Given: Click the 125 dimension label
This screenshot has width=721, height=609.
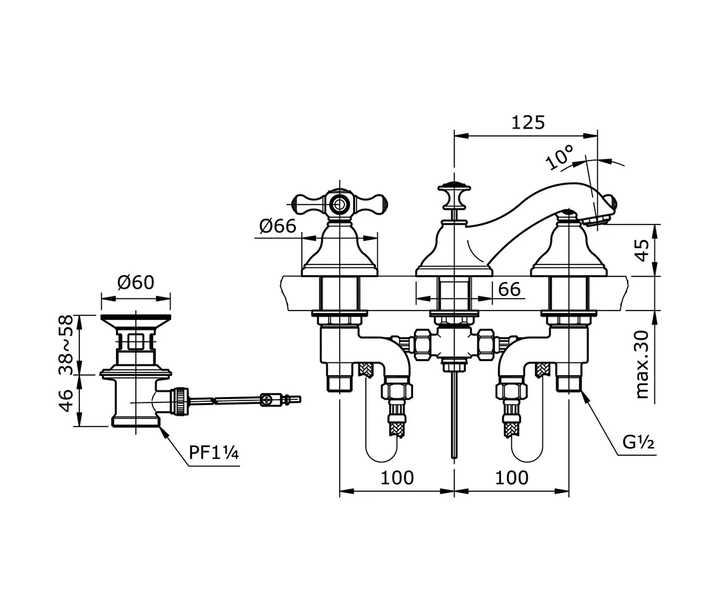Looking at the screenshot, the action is pyautogui.click(x=528, y=122).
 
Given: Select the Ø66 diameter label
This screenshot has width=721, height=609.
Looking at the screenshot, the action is pyautogui.click(x=278, y=226).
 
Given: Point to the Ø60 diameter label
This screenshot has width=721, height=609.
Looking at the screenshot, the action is pyautogui.click(x=136, y=283).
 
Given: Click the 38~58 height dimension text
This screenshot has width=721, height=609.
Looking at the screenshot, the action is pyautogui.click(x=66, y=344).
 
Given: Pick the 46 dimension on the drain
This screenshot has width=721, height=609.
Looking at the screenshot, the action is pyautogui.click(x=66, y=400).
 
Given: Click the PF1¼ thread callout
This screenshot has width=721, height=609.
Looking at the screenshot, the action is pyautogui.click(x=214, y=453).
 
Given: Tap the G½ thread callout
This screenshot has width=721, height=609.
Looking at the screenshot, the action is pyautogui.click(x=638, y=442).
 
